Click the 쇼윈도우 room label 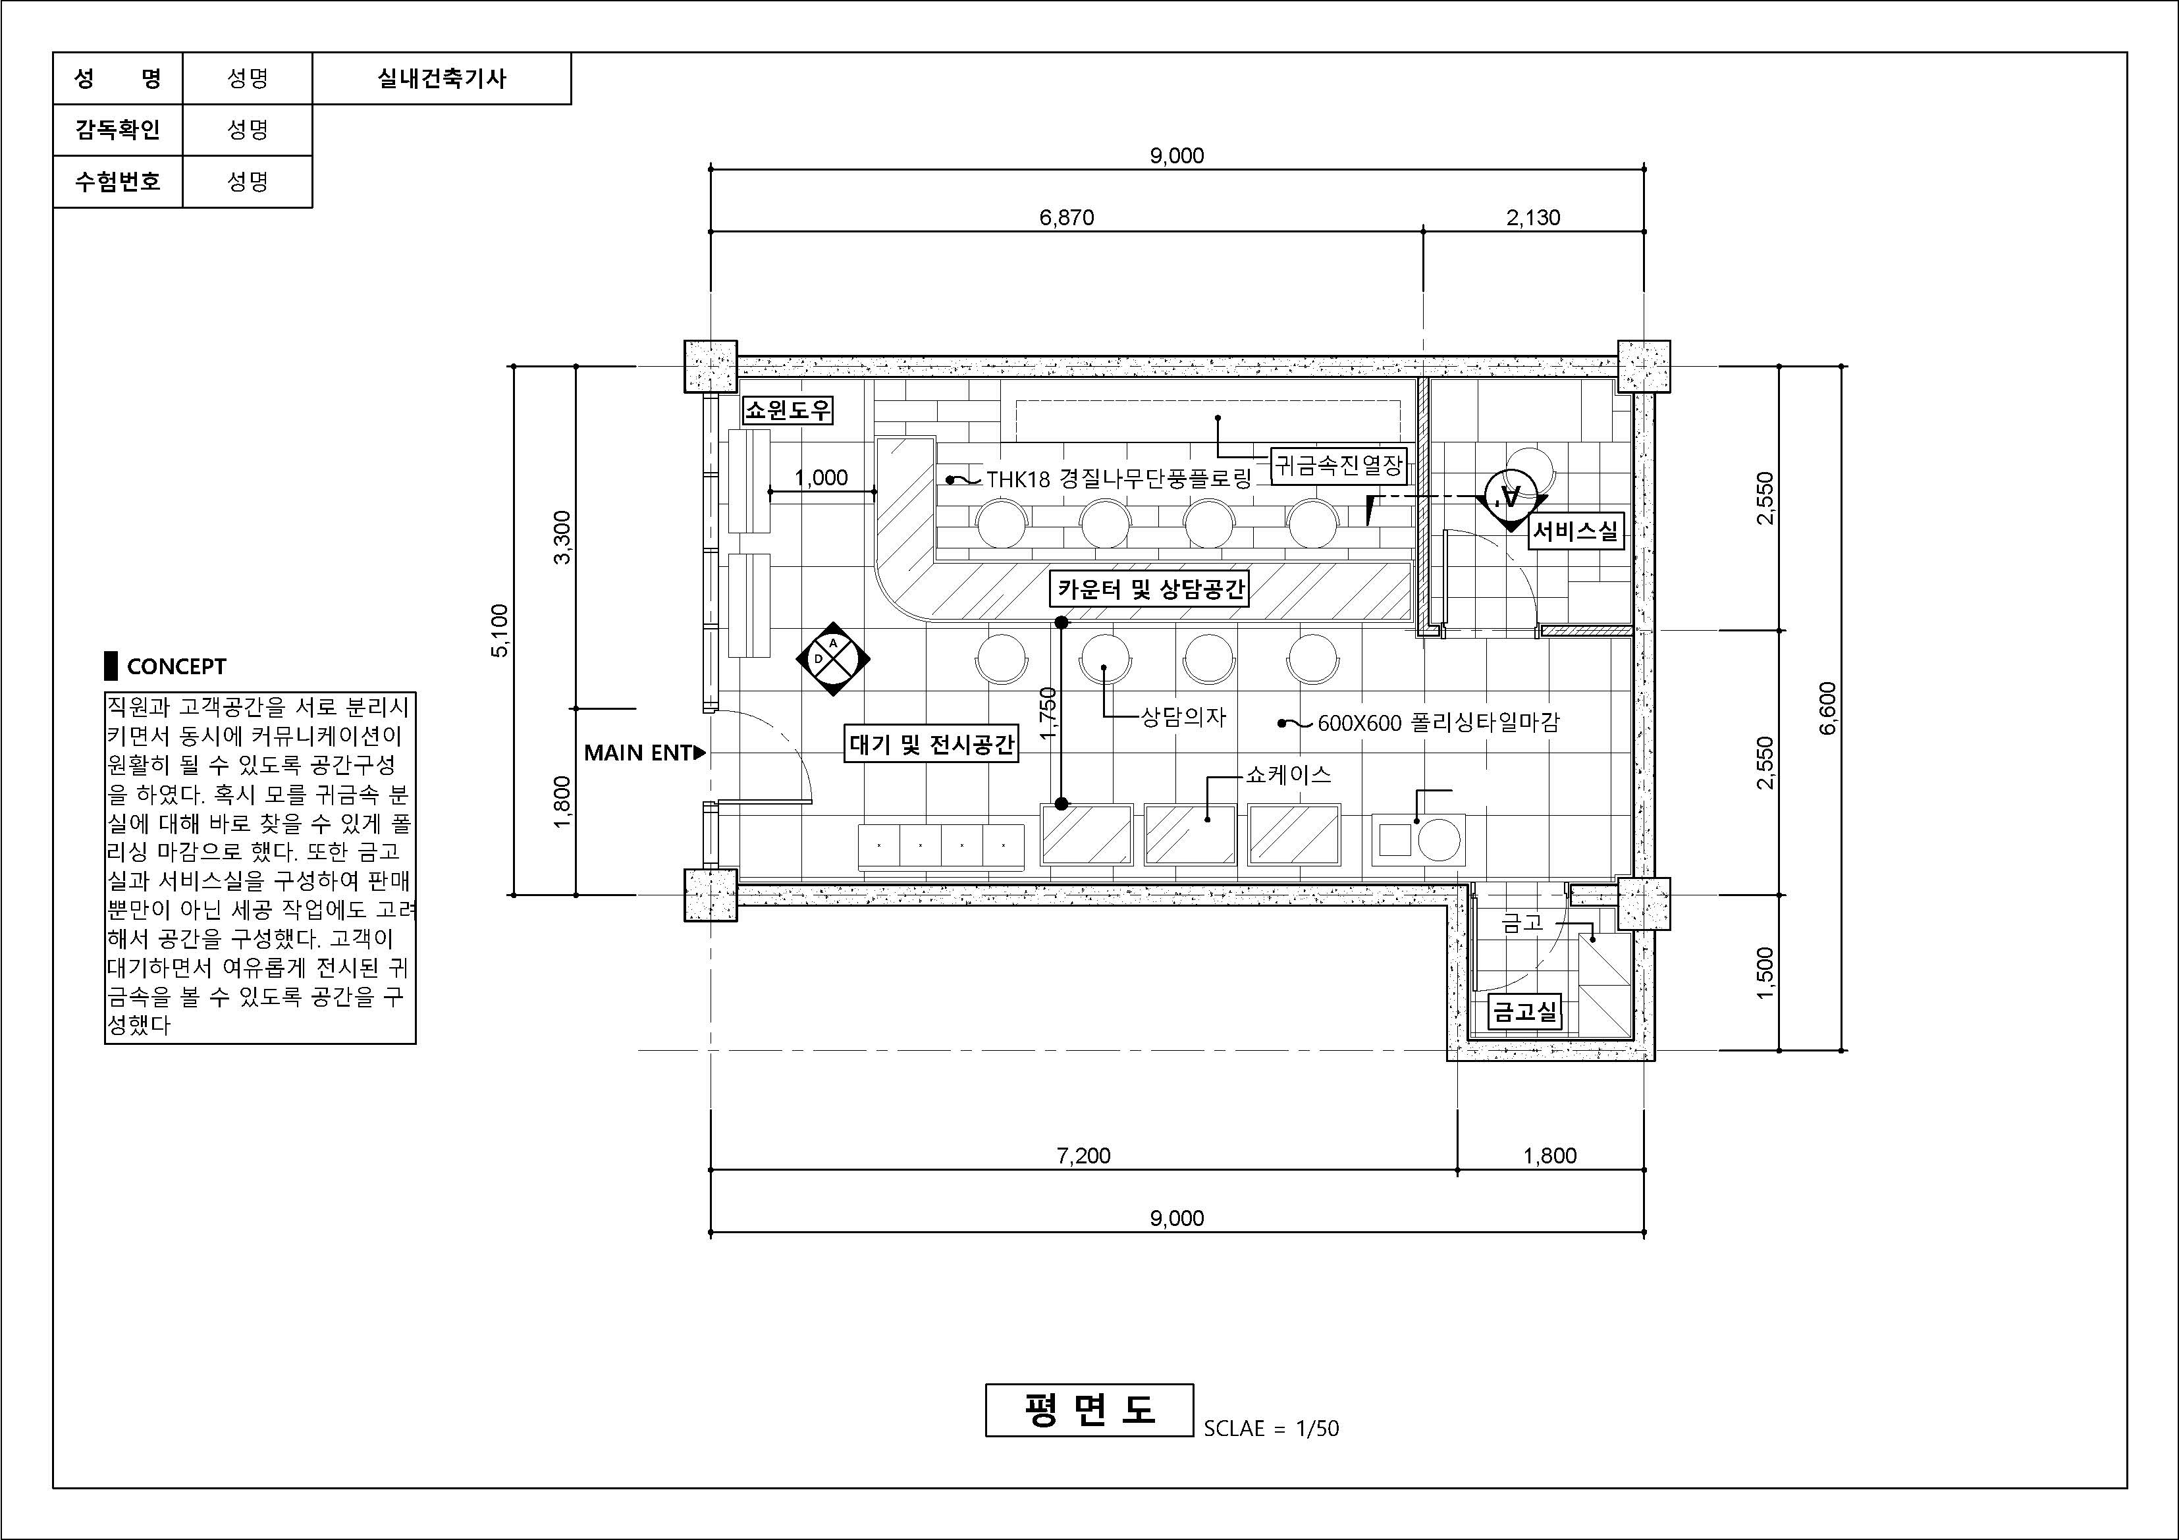788,410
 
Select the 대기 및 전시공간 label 931,744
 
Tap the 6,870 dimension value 1067,218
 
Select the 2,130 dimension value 1534,218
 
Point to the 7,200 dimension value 1084,1155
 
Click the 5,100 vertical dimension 500,630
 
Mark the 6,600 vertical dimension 1828,708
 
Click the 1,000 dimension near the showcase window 821,478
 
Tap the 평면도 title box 1089,1410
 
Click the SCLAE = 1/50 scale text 1272,1428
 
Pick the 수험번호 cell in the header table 118,181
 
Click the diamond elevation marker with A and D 833,658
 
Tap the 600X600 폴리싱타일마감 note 1438,723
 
